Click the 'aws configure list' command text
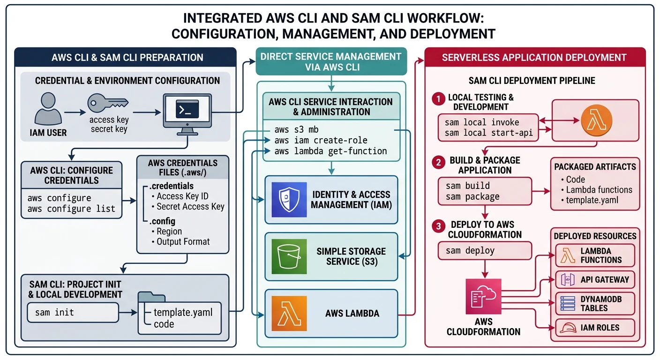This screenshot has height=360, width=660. click(71, 209)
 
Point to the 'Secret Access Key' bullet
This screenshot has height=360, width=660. click(190, 207)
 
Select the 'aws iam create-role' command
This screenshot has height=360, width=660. click(321, 140)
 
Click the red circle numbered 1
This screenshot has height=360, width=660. click(438, 99)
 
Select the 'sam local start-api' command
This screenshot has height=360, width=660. click(489, 133)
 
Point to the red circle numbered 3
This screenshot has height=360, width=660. click(438, 226)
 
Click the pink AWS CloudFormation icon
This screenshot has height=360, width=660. click(483, 296)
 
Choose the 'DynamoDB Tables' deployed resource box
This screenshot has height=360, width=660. click(595, 303)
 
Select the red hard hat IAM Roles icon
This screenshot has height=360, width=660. click(569, 328)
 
